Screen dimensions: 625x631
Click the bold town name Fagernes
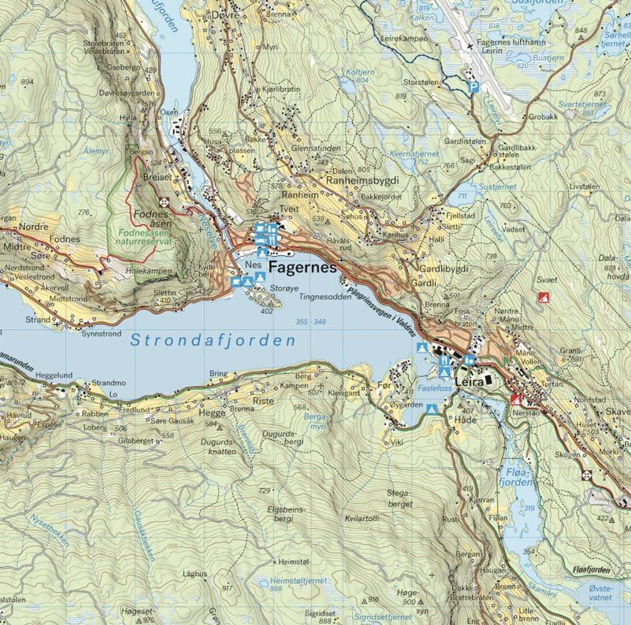tap(302, 267)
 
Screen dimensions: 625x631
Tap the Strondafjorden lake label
tap(212, 341)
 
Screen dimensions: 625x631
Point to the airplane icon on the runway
tap(470, 47)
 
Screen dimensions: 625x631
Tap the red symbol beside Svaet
tap(543, 297)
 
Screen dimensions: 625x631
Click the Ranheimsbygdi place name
tap(362, 179)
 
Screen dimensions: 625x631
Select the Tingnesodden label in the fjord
tap(325, 297)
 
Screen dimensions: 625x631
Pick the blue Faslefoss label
tap(434, 388)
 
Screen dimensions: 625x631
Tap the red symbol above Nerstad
tap(515, 399)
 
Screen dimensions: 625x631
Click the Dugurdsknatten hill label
tap(218, 446)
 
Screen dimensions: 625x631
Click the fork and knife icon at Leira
tap(445, 361)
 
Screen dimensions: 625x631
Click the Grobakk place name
tap(542, 117)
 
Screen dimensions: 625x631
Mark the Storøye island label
tap(282, 289)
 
